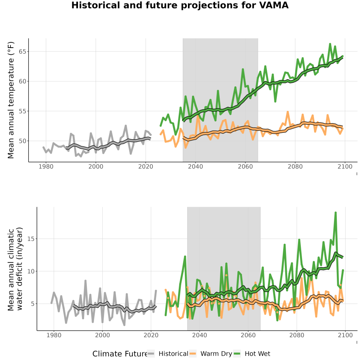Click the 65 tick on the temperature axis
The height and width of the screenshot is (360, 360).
point(22,52)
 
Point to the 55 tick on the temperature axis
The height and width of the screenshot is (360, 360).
point(22,111)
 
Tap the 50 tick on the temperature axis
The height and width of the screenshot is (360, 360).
point(22,141)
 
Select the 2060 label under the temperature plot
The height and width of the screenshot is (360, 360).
point(245,166)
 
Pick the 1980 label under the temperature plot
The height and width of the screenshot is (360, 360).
point(46,166)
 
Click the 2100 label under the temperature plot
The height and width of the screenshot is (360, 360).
point(345,166)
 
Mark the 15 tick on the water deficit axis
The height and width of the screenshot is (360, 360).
point(31,239)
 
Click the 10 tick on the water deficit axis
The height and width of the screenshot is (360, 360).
point(31,271)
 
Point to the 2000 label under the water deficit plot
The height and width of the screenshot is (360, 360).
point(102,335)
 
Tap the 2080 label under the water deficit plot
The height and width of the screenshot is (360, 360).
point(297,335)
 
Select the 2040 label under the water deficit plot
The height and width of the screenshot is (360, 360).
point(200,335)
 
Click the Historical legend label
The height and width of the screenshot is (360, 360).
point(173,354)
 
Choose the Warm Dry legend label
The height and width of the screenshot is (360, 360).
point(216,354)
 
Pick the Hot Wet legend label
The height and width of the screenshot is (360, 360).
point(258,354)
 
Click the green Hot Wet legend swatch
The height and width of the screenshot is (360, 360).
point(237,354)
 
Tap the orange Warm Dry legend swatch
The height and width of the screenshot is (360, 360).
point(193,354)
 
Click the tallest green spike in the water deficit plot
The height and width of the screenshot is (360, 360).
point(336,213)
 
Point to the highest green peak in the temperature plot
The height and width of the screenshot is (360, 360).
point(330,44)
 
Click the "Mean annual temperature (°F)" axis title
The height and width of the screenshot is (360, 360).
point(11,100)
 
